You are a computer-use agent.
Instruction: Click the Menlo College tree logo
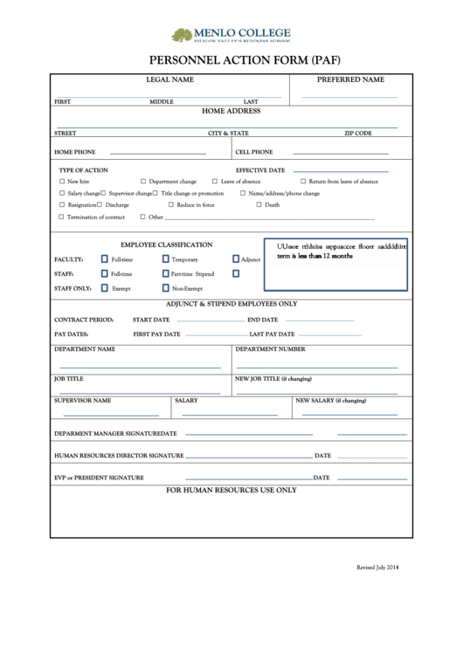(182, 35)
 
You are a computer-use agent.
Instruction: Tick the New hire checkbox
(61, 182)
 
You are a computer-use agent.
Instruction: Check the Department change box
(142, 182)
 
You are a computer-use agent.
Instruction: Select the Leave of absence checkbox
(215, 182)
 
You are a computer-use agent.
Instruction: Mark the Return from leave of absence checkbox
(302, 182)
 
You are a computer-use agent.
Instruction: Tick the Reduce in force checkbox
(170, 204)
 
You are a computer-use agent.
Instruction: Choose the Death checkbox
(258, 204)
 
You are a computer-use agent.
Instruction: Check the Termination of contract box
(61, 217)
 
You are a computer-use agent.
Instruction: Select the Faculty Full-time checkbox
(104, 259)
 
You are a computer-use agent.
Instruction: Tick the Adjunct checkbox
(235, 259)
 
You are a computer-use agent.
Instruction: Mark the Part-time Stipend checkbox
(165, 273)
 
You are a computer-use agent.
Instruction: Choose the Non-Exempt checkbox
(165, 287)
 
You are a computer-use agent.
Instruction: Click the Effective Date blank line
(340, 170)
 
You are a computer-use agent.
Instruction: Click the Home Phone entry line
(157, 154)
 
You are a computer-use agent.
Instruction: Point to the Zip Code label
(358, 134)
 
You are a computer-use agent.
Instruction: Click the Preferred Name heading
(349, 79)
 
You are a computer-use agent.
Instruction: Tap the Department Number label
(270, 348)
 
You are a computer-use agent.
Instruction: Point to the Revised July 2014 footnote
(377, 568)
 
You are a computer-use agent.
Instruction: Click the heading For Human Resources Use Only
(231, 490)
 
